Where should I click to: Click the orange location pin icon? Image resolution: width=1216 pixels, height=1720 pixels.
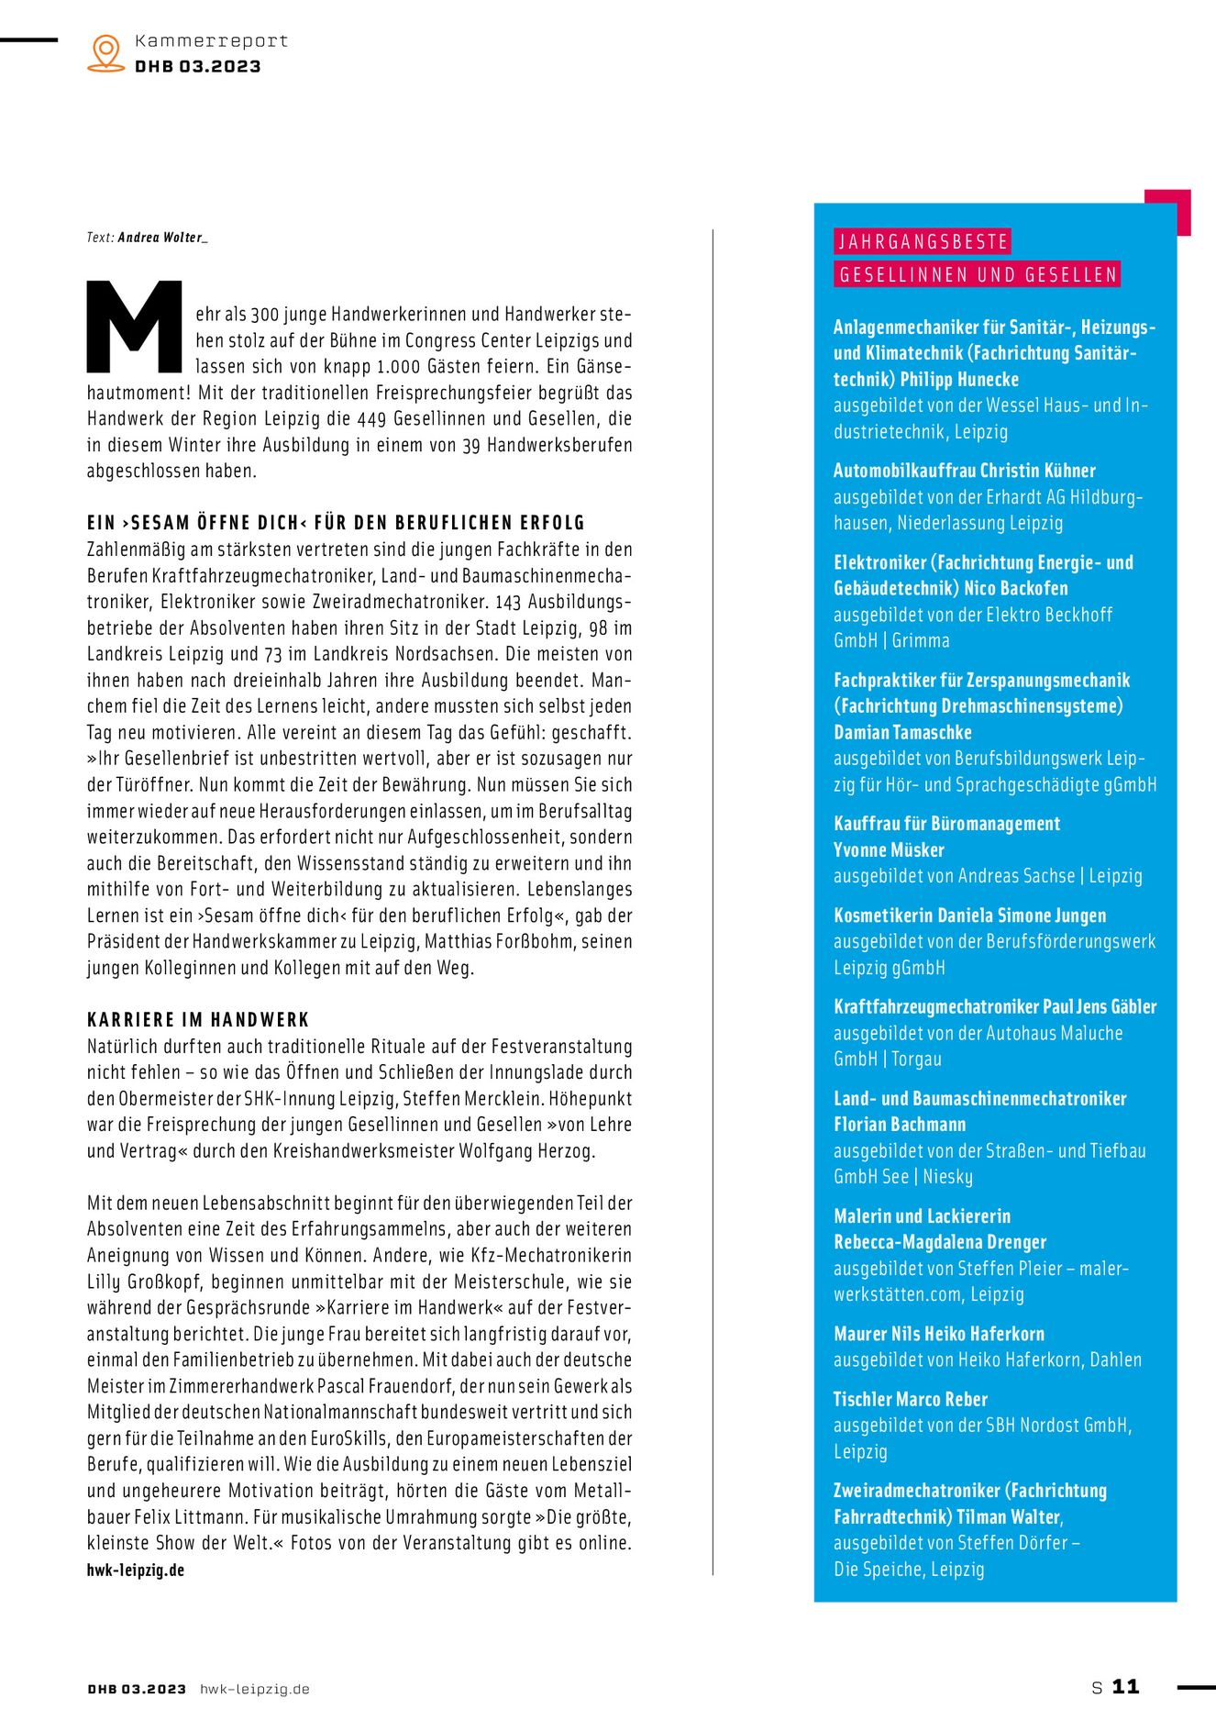click(106, 52)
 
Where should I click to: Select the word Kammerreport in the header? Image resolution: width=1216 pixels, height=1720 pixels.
click(211, 41)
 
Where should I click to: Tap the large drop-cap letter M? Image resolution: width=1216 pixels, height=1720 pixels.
click(135, 327)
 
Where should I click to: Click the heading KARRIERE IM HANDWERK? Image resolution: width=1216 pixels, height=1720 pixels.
click(198, 1020)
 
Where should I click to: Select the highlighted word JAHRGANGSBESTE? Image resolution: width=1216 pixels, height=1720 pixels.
click(923, 242)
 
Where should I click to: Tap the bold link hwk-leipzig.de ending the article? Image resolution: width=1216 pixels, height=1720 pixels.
click(136, 1570)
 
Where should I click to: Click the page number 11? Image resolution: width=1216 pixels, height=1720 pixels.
click(1125, 1687)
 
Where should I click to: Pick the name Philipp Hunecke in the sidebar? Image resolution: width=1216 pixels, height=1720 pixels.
click(959, 380)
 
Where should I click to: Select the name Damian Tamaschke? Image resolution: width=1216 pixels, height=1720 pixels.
click(902, 732)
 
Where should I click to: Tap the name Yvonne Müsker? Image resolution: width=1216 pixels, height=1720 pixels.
click(889, 849)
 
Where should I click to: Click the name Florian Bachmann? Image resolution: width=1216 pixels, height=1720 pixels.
click(900, 1125)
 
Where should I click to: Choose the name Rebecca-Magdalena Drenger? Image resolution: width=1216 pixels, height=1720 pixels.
click(940, 1242)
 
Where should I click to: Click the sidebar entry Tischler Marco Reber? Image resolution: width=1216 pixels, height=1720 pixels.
click(911, 1400)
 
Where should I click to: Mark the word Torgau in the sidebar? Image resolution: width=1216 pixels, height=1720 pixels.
click(917, 1060)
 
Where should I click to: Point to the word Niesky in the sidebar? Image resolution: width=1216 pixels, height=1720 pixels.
click(948, 1177)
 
